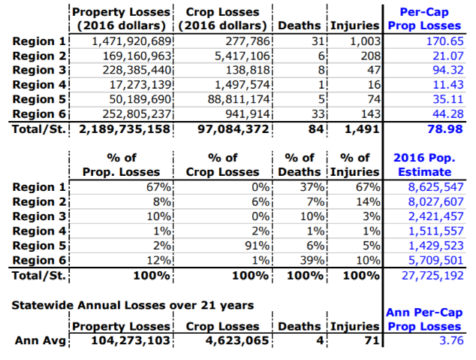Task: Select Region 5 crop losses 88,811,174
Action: click(235, 98)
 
